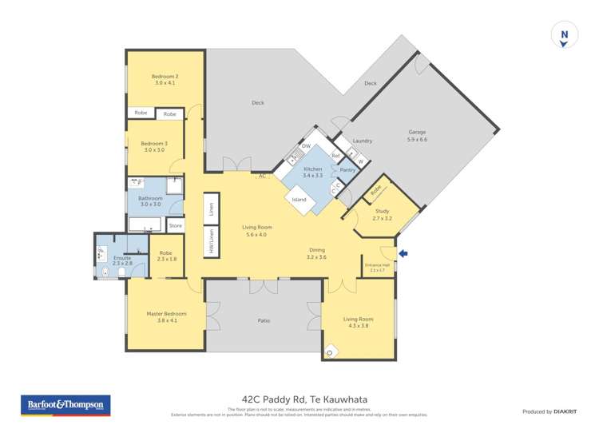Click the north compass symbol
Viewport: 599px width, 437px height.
(x=564, y=36)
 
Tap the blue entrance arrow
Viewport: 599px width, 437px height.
(x=403, y=253)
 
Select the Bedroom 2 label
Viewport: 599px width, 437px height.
(x=165, y=80)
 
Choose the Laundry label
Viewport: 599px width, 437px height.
(x=362, y=141)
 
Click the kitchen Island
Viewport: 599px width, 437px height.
(x=299, y=200)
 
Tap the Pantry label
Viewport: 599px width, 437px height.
(x=347, y=169)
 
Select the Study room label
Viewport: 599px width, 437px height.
(x=383, y=215)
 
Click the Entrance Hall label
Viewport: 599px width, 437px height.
(x=377, y=267)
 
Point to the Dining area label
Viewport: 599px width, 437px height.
(x=316, y=253)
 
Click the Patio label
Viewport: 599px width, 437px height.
(x=264, y=320)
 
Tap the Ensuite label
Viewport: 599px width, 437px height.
(x=122, y=260)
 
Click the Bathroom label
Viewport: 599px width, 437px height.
(x=150, y=201)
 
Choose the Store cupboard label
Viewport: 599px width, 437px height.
(x=175, y=226)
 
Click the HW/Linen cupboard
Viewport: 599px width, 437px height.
(x=211, y=242)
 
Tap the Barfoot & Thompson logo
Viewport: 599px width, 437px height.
(x=65, y=405)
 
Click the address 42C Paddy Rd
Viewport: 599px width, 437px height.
(x=299, y=399)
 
